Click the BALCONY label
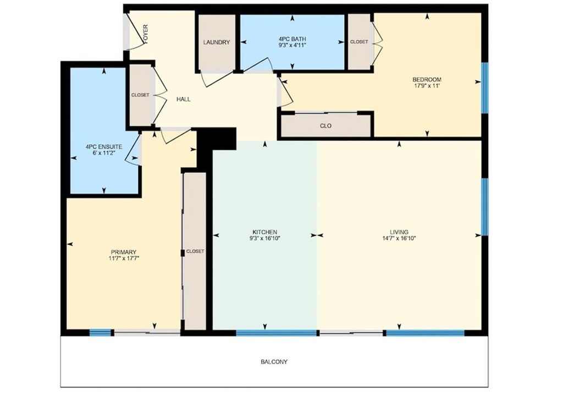274,362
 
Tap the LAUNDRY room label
217,42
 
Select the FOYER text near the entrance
145,34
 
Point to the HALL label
183,99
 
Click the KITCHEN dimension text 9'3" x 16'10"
264,238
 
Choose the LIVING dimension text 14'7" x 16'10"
399,238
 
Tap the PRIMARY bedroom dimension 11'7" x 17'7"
124,258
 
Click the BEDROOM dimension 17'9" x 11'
427,86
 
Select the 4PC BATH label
292,39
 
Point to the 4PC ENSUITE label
104,147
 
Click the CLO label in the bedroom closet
325,126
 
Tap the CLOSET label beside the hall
140,95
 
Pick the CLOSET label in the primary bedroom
195,251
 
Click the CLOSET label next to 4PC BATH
359,42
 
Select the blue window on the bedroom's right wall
485,87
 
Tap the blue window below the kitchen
277,333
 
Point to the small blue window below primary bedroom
100,333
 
